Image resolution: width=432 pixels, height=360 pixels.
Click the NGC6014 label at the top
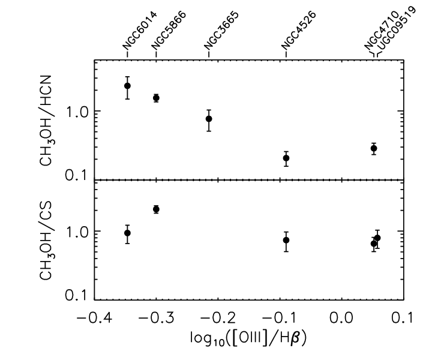(140, 31)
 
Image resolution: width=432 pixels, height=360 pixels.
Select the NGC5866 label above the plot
(169, 31)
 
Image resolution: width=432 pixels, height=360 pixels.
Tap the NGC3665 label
(221, 31)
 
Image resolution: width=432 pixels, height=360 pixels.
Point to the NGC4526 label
(299, 31)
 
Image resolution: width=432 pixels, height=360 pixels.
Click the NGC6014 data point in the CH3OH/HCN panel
(127, 86)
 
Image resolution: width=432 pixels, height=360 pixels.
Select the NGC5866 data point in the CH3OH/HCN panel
(156, 98)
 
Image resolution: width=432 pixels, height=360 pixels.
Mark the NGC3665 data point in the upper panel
(209, 119)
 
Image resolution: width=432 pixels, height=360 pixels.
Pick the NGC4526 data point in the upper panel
(286, 158)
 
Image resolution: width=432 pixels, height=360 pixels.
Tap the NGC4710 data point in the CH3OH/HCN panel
(374, 148)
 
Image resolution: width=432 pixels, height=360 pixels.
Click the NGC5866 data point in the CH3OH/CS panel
(156, 209)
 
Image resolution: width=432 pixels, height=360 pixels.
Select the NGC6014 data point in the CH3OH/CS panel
(127, 233)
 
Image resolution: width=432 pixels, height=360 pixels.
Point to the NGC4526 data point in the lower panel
(286, 240)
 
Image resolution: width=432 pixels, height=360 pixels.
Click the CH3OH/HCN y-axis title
(46, 121)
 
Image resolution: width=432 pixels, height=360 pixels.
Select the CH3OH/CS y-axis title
(46, 241)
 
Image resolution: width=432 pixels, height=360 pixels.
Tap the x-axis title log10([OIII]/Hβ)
(248, 338)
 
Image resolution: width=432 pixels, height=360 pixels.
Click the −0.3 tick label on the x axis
(156, 318)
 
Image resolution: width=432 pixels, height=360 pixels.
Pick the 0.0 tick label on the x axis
(341, 318)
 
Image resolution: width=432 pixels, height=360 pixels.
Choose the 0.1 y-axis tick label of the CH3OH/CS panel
(76, 295)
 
